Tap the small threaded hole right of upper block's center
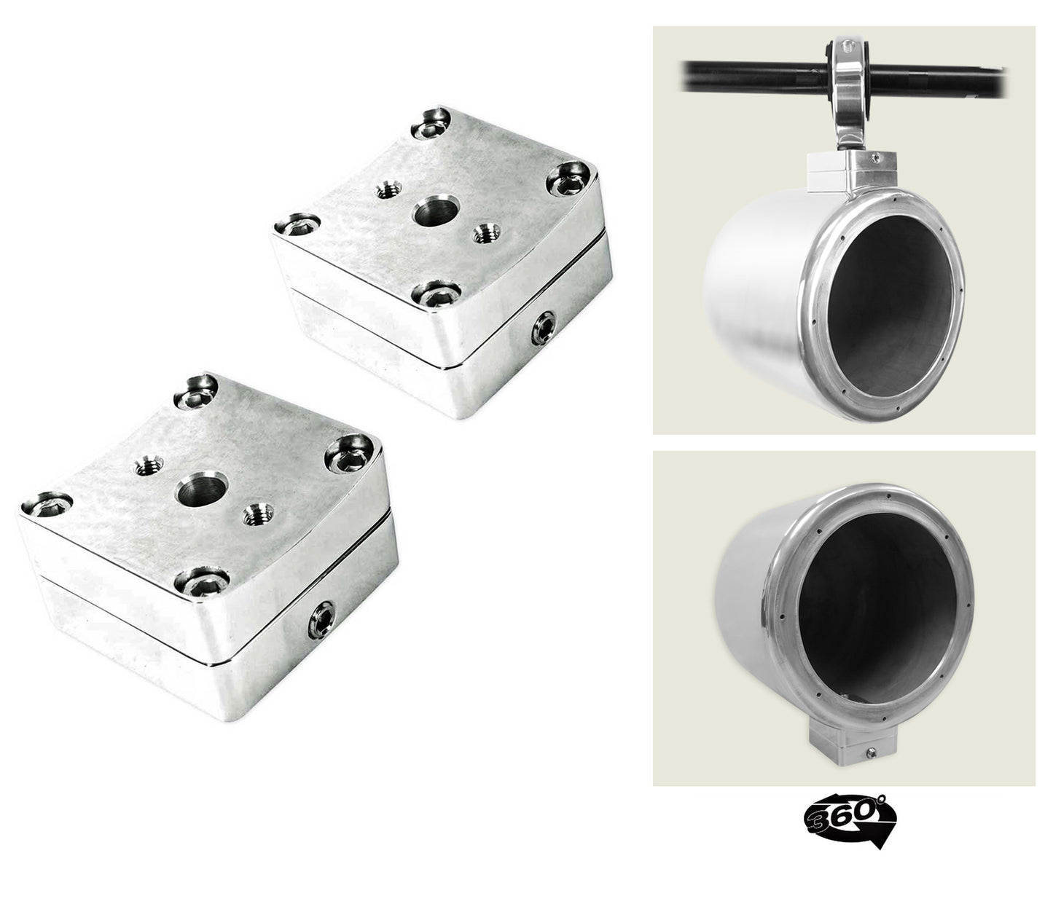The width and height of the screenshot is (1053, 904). (x=482, y=235)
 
